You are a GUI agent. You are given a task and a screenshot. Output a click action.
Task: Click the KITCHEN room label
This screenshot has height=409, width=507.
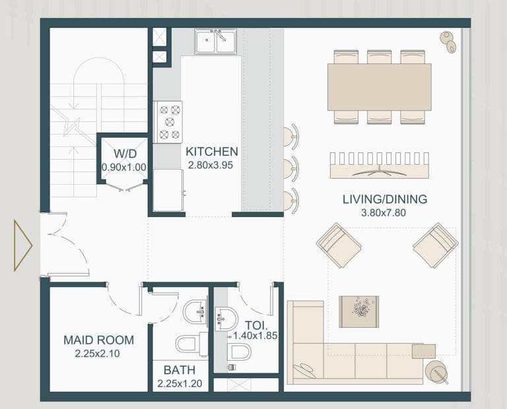[x=212, y=152]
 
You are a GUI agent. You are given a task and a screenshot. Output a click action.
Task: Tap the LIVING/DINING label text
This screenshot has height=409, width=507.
[x=384, y=199]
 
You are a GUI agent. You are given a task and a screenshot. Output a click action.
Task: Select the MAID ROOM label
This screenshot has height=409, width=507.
[x=98, y=340]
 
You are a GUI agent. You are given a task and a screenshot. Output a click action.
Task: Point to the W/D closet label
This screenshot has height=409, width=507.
[x=123, y=154]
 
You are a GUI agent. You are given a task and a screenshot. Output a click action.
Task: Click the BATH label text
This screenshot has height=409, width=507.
[x=180, y=370]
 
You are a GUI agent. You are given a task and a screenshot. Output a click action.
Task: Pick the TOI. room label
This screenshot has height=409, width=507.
[x=255, y=325]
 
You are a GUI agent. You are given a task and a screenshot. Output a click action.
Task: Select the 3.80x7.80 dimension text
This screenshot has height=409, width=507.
[x=384, y=214]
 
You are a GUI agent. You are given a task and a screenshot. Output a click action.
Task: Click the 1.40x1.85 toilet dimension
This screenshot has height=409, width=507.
[x=255, y=336]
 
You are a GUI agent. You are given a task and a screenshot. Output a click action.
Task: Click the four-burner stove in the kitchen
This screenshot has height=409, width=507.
[x=168, y=122]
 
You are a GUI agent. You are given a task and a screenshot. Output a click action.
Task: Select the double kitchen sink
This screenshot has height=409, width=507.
[x=215, y=42]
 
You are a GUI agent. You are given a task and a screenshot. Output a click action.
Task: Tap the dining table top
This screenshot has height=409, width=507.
[x=379, y=86]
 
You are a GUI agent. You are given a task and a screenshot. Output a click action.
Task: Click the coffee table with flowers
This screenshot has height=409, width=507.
[x=359, y=311]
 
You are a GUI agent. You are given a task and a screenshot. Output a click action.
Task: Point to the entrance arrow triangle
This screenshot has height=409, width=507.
[x=22, y=245]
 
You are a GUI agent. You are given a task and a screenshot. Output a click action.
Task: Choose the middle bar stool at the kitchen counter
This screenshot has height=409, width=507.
[x=290, y=169]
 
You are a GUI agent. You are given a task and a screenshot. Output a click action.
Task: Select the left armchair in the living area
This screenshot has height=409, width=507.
[x=338, y=245]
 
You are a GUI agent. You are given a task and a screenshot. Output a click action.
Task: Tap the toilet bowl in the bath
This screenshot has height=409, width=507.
[x=187, y=344]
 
